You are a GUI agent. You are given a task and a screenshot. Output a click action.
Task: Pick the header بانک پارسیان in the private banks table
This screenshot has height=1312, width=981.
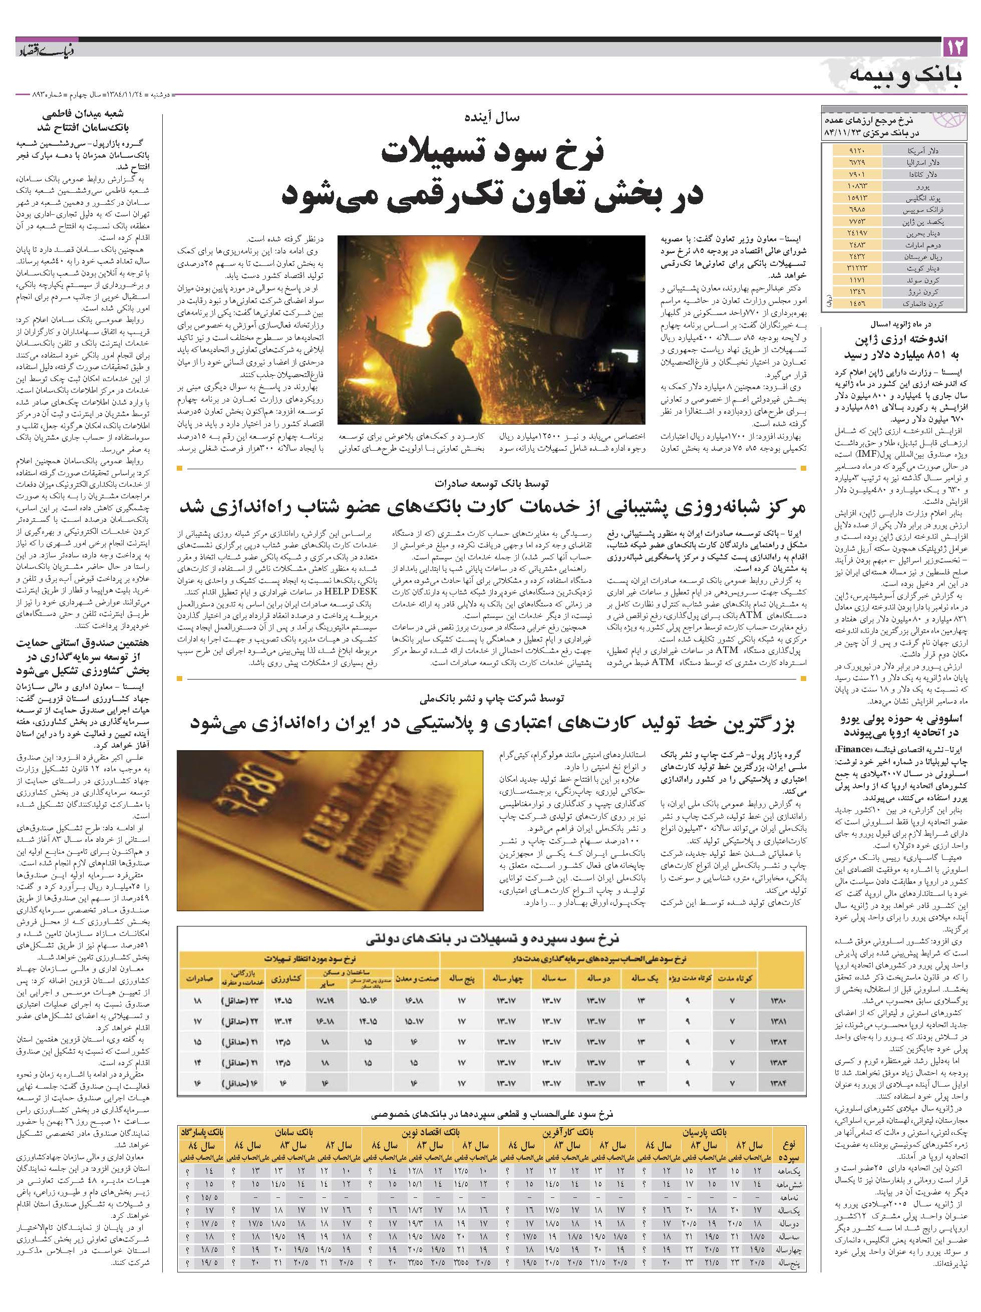[704, 1132]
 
